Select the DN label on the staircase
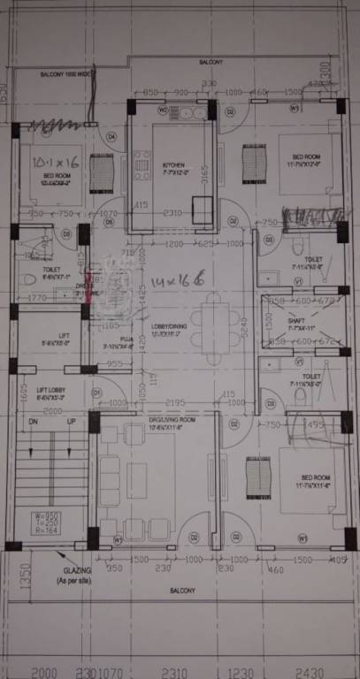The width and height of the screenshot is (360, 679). (34, 423)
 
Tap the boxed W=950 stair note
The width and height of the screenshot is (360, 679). (48, 515)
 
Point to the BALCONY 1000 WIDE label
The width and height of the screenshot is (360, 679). (65, 75)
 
